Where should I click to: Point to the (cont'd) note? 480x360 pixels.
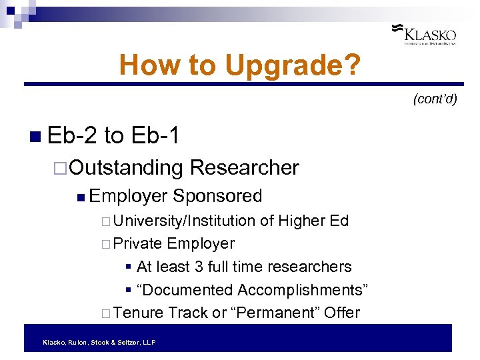click(435, 99)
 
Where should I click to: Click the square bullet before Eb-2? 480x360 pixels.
click(35, 137)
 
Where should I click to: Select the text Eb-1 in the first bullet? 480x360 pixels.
click(155, 136)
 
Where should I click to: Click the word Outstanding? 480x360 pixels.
click(126, 168)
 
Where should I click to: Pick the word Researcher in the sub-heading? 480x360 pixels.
click(244, 168)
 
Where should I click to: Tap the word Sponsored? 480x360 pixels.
click(217, 196)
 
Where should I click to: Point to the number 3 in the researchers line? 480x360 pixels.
click(199, 267)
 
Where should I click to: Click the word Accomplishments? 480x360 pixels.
click(298, 290)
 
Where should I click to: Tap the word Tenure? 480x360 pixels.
click(139, 313)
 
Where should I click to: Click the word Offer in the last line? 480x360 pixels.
click(343, 313)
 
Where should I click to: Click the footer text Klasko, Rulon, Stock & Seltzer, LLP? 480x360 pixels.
click(99, 342)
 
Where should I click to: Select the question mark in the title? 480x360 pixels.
click(353, 65)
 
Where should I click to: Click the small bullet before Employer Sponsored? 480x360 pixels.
click(80, 197)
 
